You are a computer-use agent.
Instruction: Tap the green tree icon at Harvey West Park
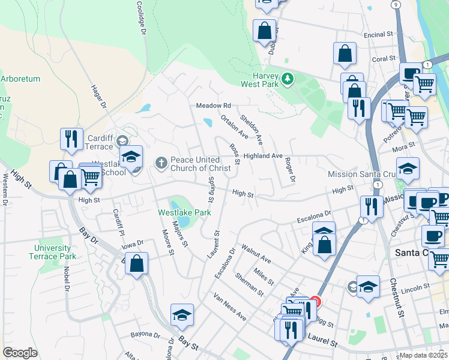pyautogui.click(x=288, y=79)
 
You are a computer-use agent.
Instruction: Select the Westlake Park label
pyautogui.click(x=184, y=212)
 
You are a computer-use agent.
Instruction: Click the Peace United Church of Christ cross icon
pyautogui.click(x=160, y=163)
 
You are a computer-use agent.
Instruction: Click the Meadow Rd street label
pyautogui.click(x=214, y=106)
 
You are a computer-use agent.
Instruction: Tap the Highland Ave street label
pyautogui.click(x=263, y=155)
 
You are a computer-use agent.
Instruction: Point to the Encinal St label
pyautogui.click(x=378, y=35)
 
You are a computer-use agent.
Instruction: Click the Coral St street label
pyautogui.click(x=384, y=59)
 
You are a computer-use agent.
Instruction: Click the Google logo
pyautogui.click(x=20, y=352)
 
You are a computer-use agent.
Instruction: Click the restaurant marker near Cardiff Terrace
pyautogui.click(x=71, y=139)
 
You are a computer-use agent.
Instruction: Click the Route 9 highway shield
pyautogui.click(x=395, y=4)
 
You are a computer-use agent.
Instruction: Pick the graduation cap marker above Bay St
pyautogui.click(x=182, y=315)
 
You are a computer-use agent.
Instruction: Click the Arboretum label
pyautogui.click(x=20, y=78)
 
